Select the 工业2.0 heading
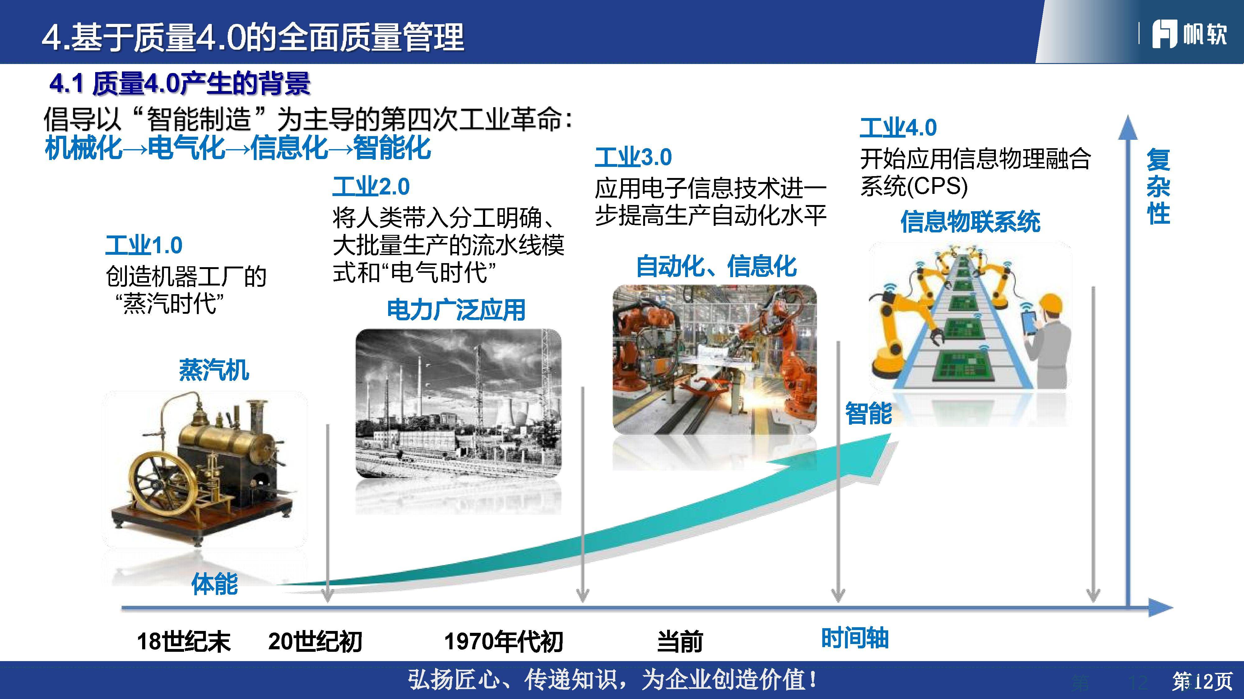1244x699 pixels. point(371,187)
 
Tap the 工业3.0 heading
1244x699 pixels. point(633,157)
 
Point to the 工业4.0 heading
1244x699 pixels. point(898,128)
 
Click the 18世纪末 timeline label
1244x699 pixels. point(183,642)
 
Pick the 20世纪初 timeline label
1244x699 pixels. point(315,642)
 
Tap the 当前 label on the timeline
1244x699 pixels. point(680,642)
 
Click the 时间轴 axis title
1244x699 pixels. point(855,638)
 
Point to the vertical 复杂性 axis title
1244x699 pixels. point(1158,187)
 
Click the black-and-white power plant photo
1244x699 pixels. point(458,403)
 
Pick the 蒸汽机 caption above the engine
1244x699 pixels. point(214,371)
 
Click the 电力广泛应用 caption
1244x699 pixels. point(456,310)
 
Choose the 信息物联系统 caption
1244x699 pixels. point(970,222)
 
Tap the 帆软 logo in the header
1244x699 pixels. point(1189,34)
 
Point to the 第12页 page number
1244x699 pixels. point(1202,682)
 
